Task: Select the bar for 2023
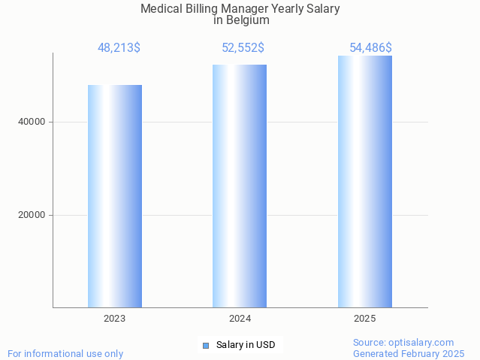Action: click(115, 196)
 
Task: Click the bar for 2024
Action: click(240, 186)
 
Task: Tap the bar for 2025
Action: click(365, 182)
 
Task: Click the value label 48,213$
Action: click(119, 48)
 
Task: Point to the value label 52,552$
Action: click(243, 48)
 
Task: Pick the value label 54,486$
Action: click(370, 48)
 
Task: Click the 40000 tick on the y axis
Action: click(31, 122)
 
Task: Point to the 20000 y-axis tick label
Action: click(31, 215)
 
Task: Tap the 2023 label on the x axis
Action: click(115, 319)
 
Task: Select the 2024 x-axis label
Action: click(240, 319)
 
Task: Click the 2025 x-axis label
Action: click(365, 319)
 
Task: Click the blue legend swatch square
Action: click(206, 346)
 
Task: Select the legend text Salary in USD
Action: click(246, 346)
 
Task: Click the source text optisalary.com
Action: click(421, 343)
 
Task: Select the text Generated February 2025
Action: click(409, 354)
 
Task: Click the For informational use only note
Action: click(65, 354)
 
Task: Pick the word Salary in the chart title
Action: click(322, 9)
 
